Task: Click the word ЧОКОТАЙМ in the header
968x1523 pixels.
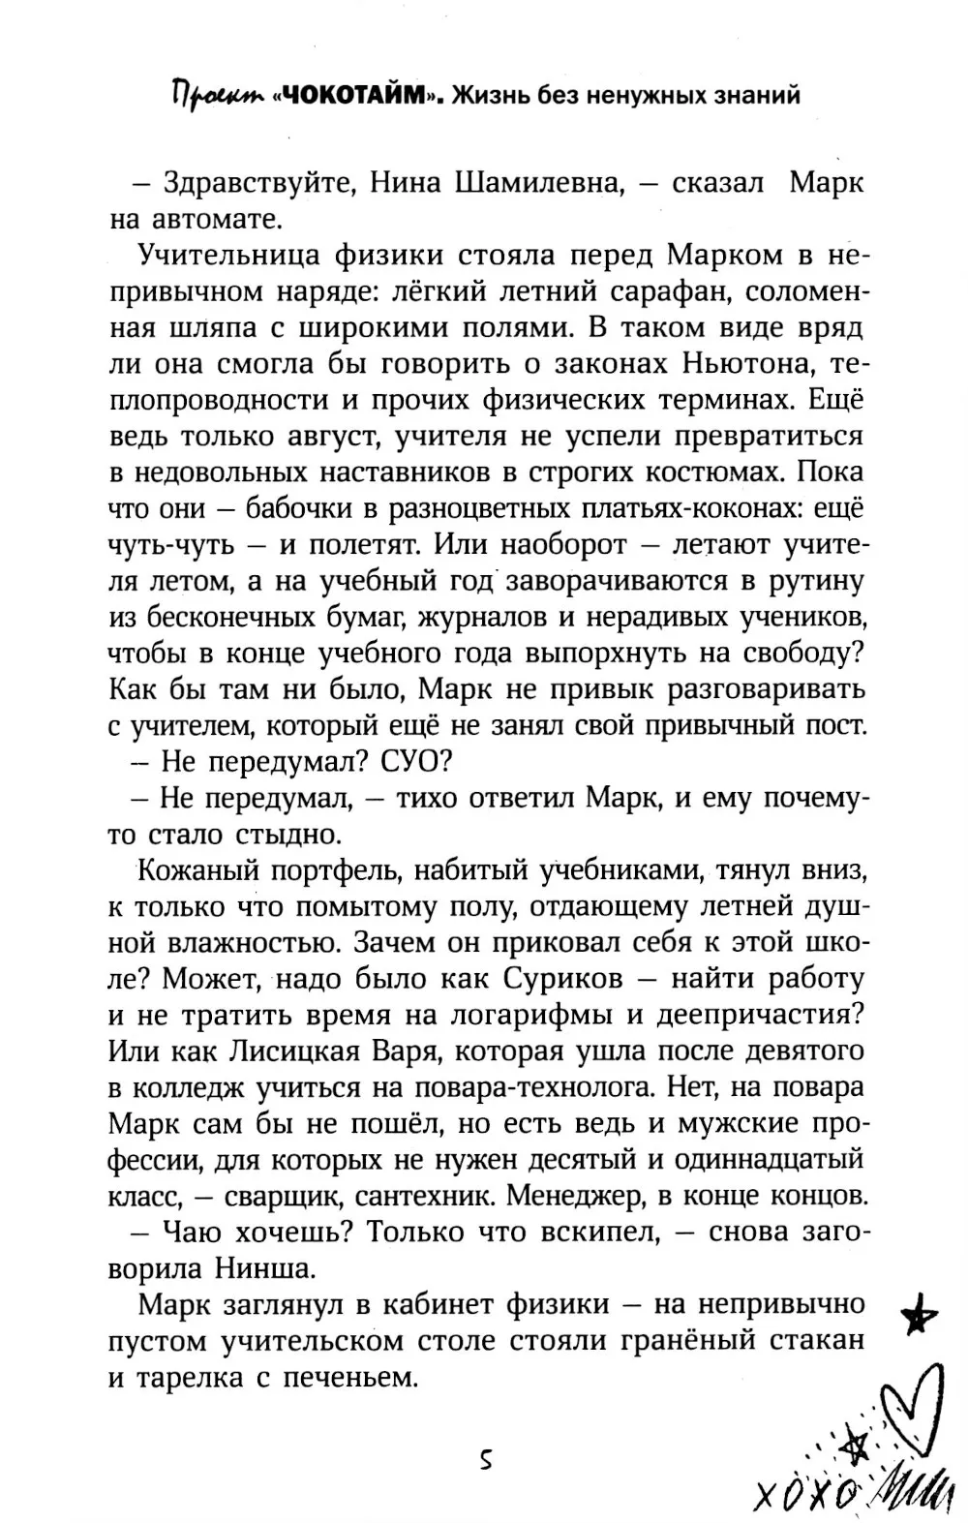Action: point(347,96)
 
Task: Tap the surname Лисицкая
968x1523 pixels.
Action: point(268,1051)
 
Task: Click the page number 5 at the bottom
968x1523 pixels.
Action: point(486,1460)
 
